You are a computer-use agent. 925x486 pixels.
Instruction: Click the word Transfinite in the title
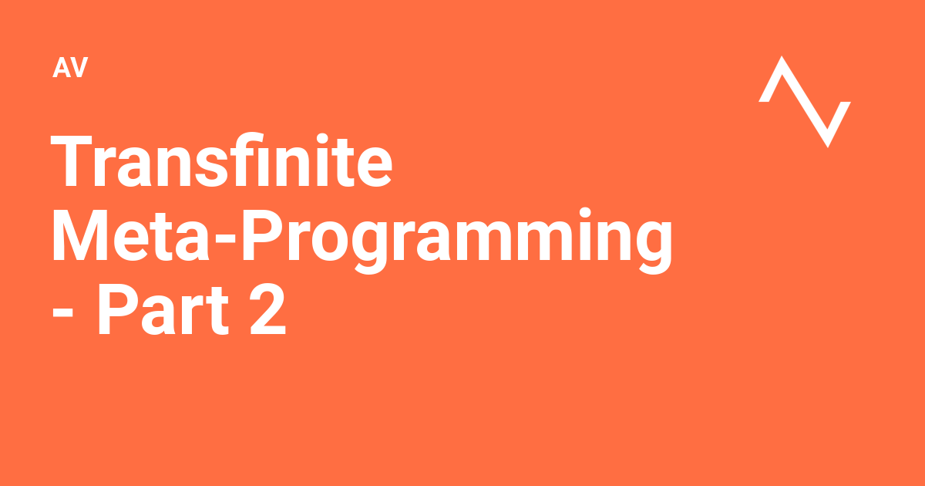click(x=222, y=163)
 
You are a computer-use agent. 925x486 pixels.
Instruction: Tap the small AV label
click(x=70, y=69)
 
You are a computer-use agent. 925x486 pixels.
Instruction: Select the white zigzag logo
click(x=805, y=101)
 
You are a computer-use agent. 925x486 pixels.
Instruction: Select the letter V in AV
click(x=79, y=69)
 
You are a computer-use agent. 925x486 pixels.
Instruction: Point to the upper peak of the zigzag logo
click(x=783, y=59)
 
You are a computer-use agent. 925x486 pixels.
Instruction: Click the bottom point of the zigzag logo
click(x=828, y=144)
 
